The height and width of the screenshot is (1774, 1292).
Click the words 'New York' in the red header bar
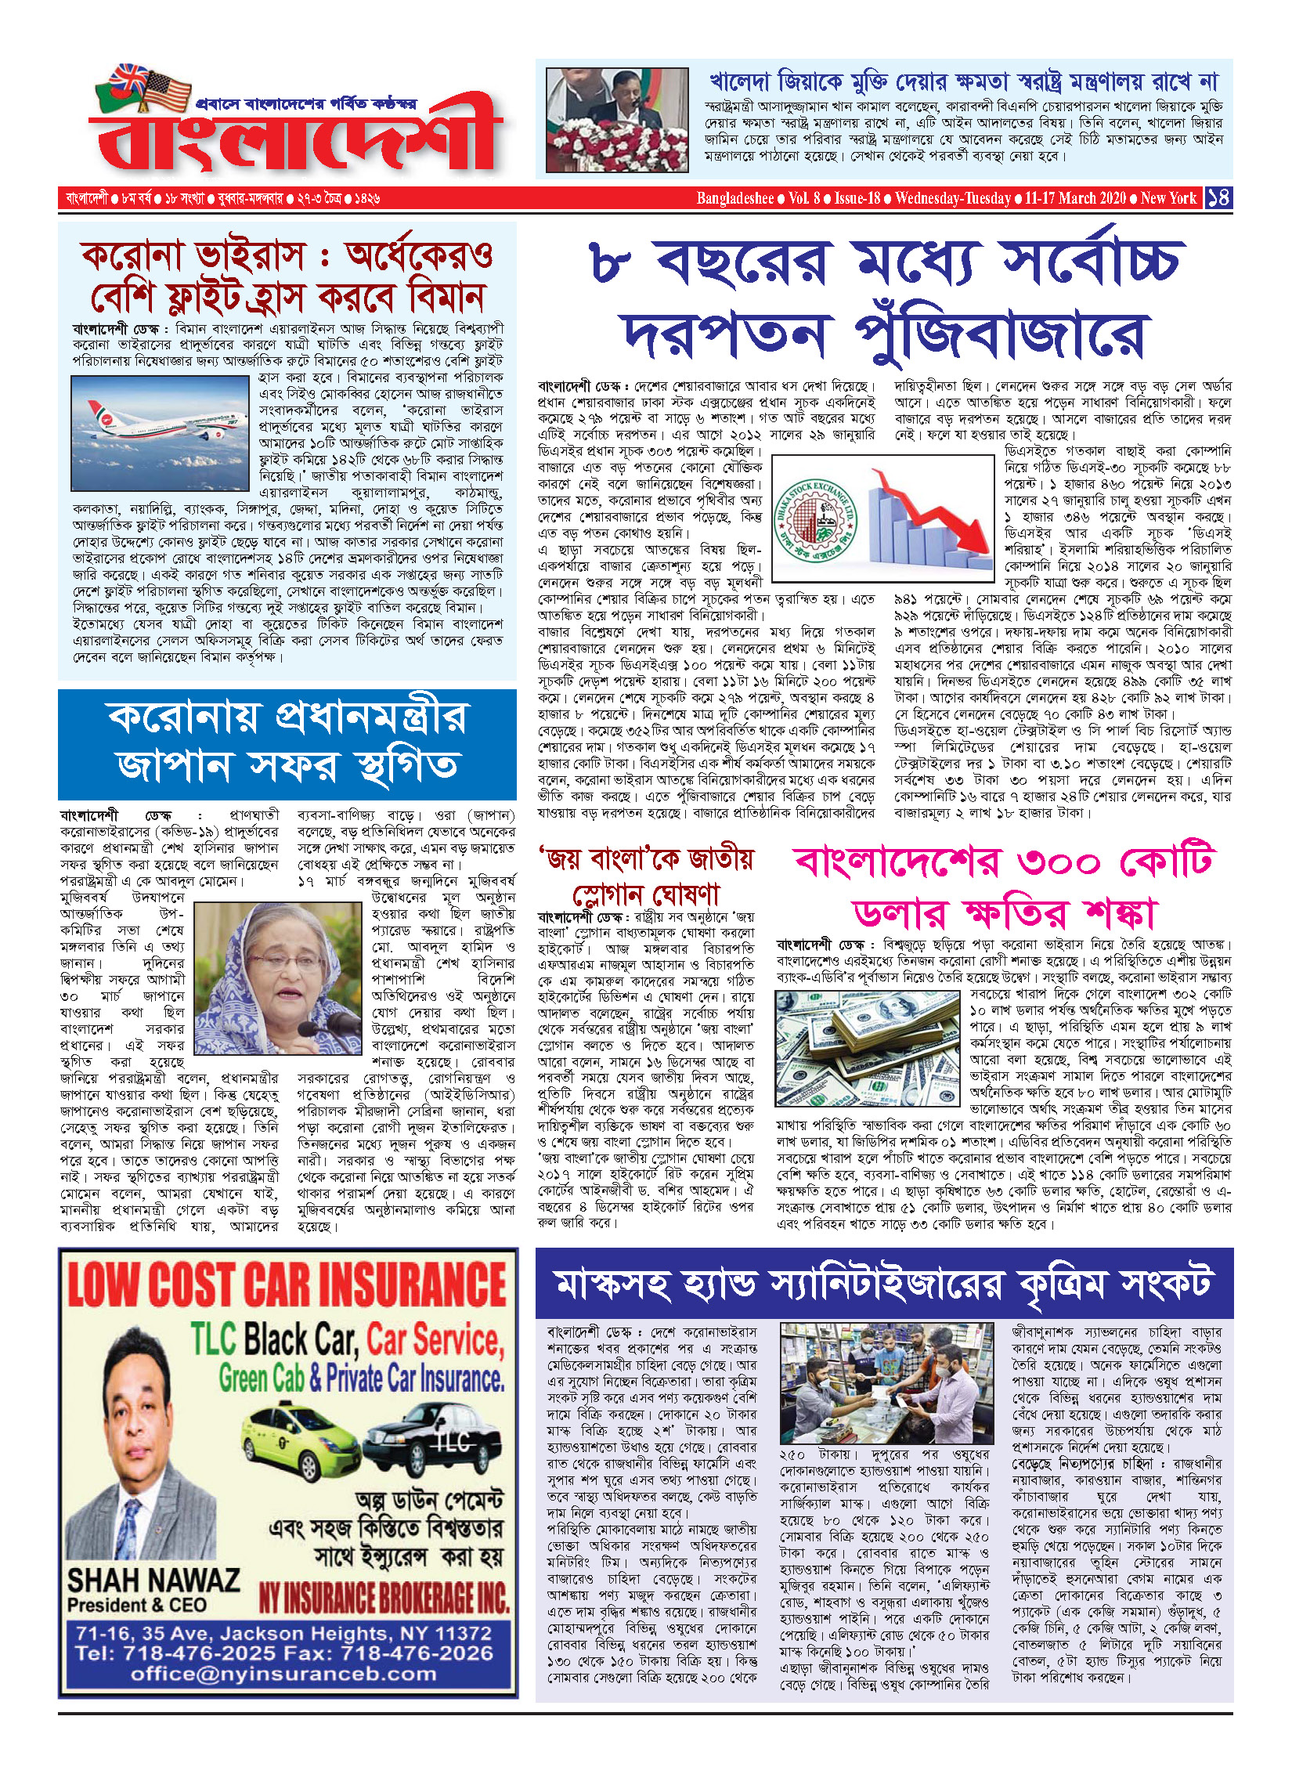pos(1168,197)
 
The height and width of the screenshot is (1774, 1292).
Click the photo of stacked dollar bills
pos(866,1046)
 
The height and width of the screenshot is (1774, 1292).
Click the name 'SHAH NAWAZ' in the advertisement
pos(153,1580)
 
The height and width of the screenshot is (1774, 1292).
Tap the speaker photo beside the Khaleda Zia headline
pos(617,121)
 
